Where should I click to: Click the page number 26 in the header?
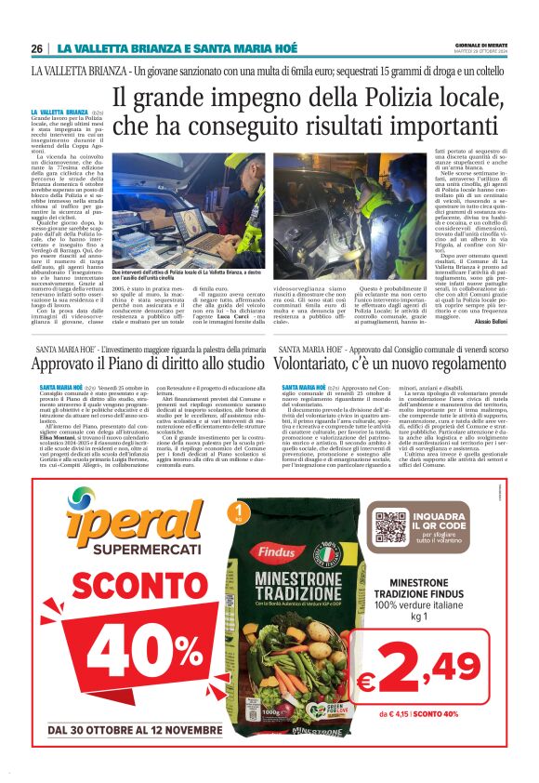coord(38,48)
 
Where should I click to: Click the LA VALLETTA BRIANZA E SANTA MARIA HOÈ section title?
coord(177,48)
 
